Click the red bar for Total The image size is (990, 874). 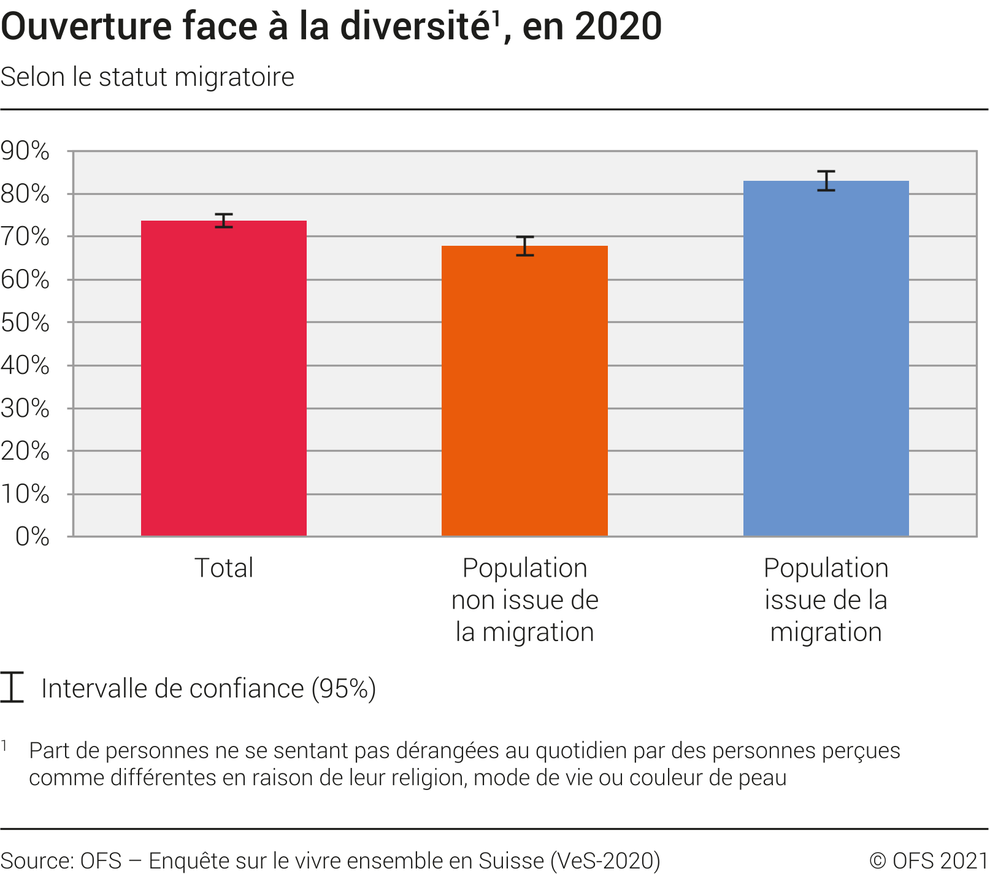click(x=224, y=378)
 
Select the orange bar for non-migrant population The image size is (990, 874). click(x=524, y=391)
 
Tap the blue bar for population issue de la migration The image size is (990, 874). click(x=826, y=359)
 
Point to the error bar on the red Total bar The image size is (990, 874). click(x=224, y=221)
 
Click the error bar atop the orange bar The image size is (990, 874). click(x=524, y=246)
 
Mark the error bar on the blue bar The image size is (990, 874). click(x=826, y=181)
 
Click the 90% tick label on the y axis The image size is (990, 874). click(x=25, y=151)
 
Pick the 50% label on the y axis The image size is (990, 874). click(x=25, y=322)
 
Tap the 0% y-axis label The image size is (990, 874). click(x=32, y=537)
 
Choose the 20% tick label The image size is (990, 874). click(x=25, y=451)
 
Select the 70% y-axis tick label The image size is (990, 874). click(x=25, y=237)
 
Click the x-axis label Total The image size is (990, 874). click(x=224, y=568)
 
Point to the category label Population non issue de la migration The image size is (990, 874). click(x=524, y=600)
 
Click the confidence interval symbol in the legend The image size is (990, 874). click(x=12, y=687)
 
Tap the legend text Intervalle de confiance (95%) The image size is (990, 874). click(x=209, y=688)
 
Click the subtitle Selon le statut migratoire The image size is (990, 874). click(x=147, y=77)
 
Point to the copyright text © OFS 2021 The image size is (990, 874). click(x=928, y=861)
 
